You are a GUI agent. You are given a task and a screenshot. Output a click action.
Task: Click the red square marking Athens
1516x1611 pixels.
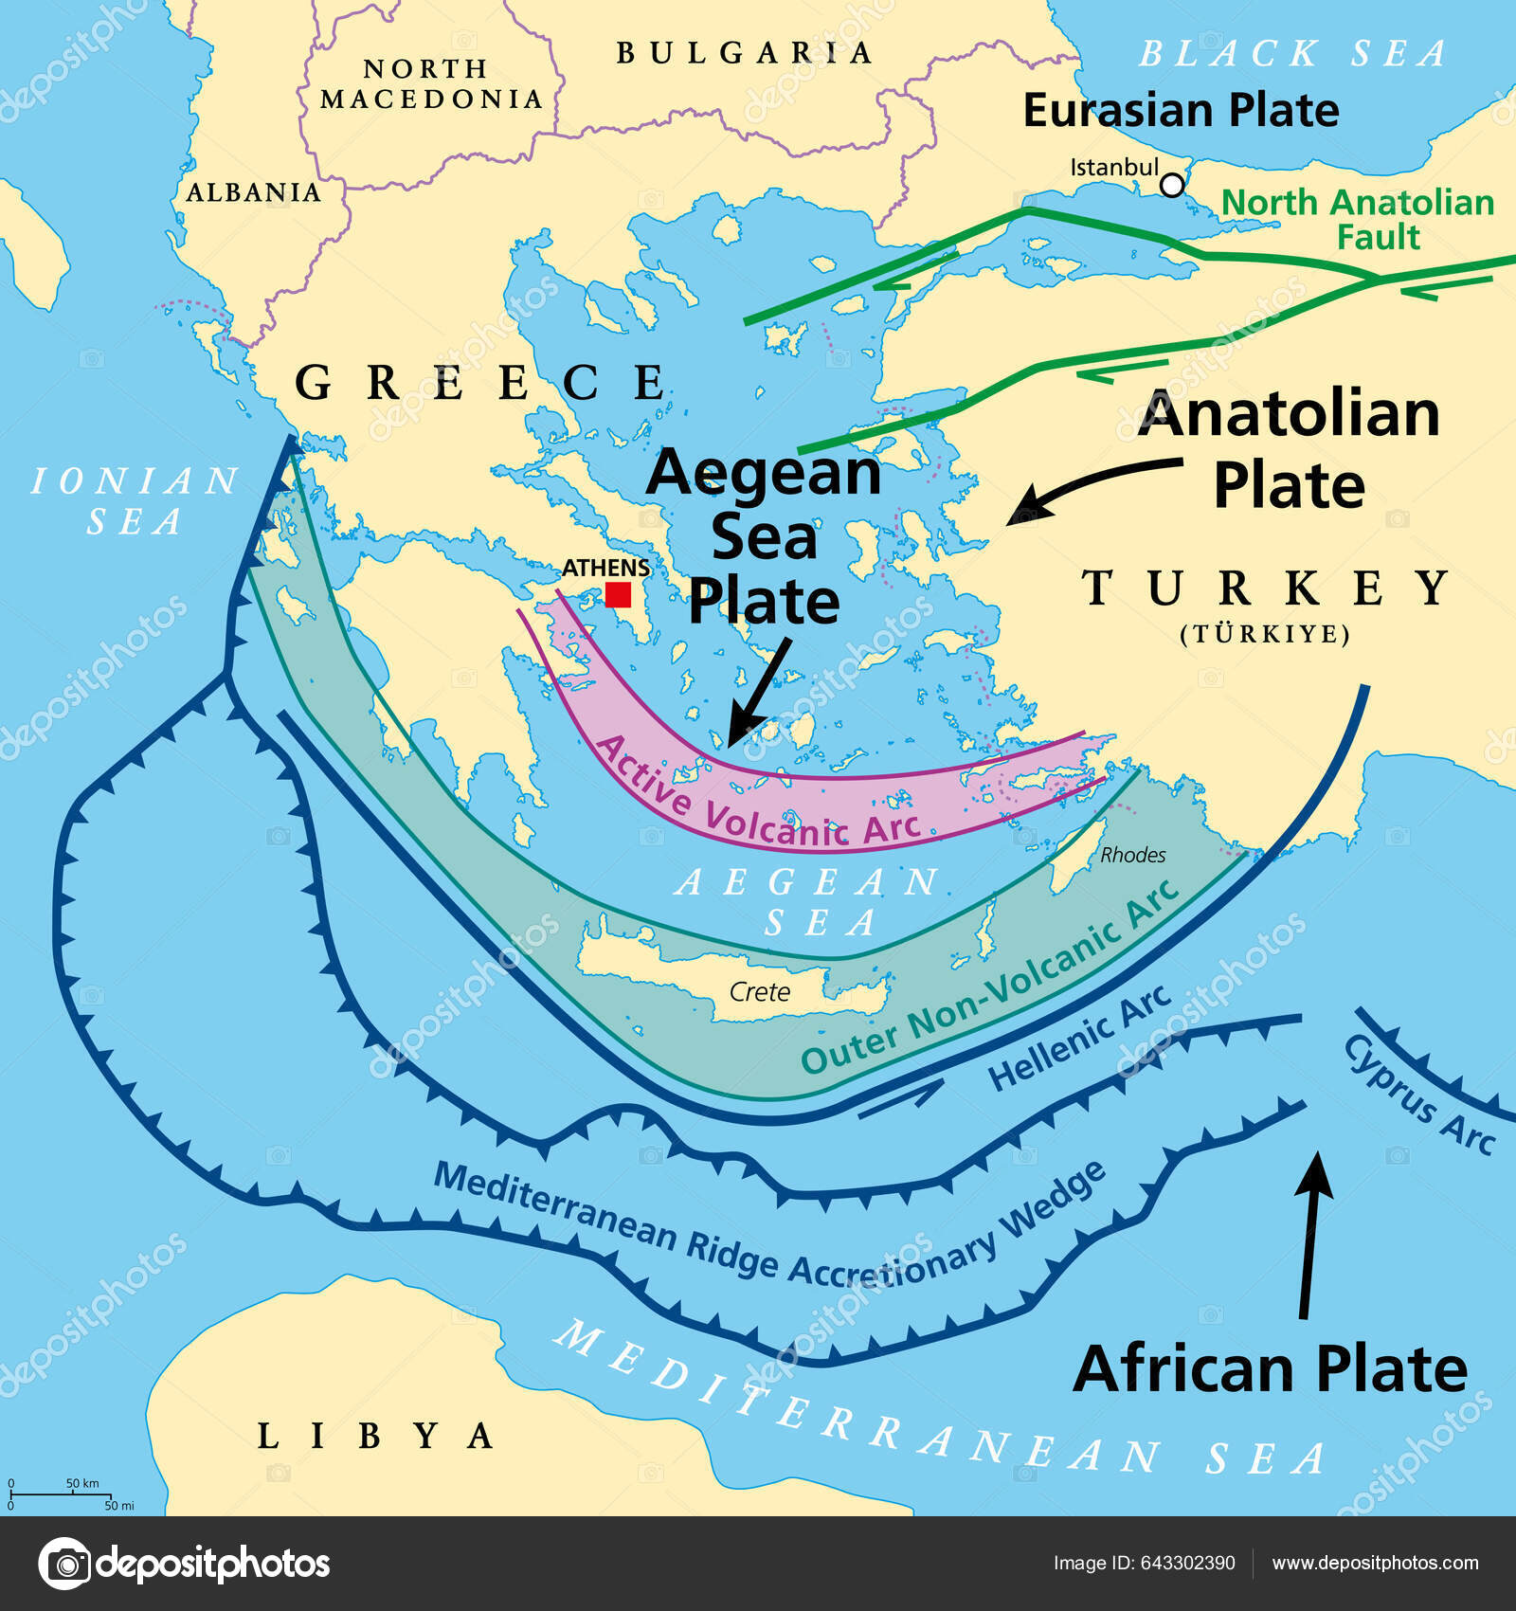pyautogui.click(x=618, y=594)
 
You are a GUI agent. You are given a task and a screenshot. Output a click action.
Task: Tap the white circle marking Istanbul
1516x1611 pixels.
pyautogui.click(x=1172, y=185)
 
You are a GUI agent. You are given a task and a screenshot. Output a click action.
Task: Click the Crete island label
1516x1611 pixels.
pyautogui.click(x=759, y=992)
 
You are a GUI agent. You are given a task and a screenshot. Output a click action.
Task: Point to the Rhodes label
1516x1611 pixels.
pyautogui.click(x=1132, y=855)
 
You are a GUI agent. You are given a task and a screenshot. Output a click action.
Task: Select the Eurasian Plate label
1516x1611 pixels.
pyautogui.click(x=1181, y=110)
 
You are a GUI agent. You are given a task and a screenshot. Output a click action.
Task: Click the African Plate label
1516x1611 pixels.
pyautogui.click(x=1270, y=1369)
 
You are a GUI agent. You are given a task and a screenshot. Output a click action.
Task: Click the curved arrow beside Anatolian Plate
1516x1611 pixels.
pyautogui.click(x=1090, y=482)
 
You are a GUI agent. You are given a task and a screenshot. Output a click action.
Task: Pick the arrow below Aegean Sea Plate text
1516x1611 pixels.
pyautogui.click(x=759, y=692)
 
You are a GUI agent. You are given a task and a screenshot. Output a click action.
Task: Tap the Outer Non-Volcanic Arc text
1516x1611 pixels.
pyautogui.click(x=990, y=982)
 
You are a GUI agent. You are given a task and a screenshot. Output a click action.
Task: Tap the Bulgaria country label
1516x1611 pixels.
pyautogui.click(x=744, y=53)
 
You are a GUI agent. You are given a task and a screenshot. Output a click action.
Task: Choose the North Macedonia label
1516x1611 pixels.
pyautogui.click(x=431, y=84)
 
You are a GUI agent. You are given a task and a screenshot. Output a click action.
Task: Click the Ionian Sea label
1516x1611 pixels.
pyautogui.click(x=135, y=500)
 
